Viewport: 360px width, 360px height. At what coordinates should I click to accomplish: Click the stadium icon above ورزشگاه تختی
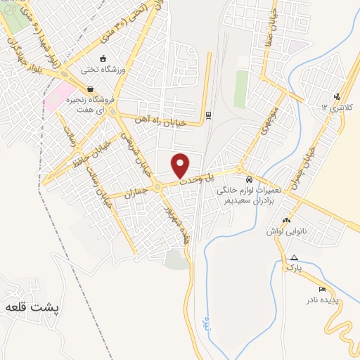(x=105, y=58)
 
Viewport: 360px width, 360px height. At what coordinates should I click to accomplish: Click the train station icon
(x=209, y=114)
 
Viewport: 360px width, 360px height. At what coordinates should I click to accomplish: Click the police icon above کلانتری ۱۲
(x=338, y=96)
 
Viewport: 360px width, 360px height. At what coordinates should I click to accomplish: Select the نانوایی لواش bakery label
(x=285, y=230)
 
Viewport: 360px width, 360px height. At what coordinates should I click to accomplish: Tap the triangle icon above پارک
(x=294, y=257)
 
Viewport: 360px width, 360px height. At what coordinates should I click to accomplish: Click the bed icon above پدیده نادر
(x=322, y=289)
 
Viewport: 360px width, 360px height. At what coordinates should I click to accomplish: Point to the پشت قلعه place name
(x=32, y=307)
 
